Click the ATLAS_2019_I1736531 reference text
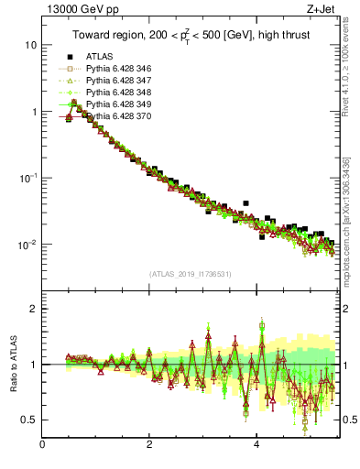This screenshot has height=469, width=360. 190,274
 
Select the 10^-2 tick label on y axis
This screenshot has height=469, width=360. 27,245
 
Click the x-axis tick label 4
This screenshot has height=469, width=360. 256,446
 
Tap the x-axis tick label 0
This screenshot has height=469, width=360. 43,446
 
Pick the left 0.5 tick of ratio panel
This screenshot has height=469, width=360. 29,420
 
